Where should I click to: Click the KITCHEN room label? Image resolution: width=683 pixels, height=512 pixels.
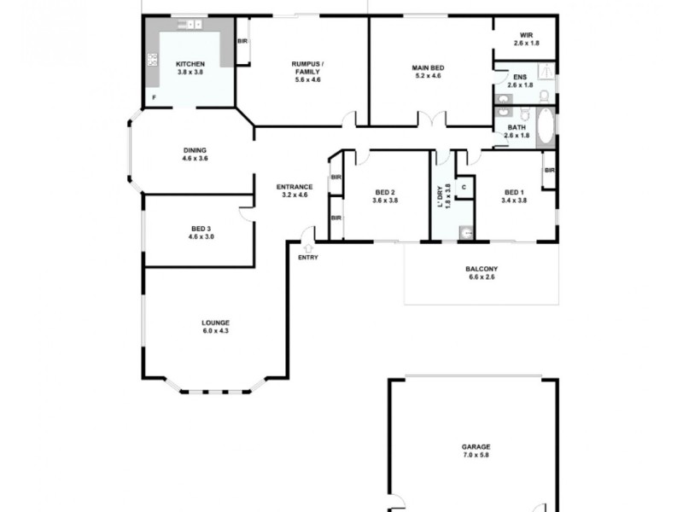point(190,64)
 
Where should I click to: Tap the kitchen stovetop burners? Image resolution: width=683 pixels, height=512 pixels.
point(154,60)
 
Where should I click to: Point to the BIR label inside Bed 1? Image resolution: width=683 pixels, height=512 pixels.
point(549,170)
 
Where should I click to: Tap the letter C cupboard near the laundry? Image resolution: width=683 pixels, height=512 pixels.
point(464,186)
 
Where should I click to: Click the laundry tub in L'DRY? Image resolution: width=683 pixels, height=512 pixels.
point(465,231)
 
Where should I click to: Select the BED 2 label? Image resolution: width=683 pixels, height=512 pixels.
point(385,192)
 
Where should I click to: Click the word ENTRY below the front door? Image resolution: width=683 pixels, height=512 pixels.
point(307,257)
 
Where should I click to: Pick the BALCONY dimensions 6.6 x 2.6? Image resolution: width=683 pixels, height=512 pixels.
point(481,277)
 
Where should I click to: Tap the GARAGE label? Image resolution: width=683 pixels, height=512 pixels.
point(476,446)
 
